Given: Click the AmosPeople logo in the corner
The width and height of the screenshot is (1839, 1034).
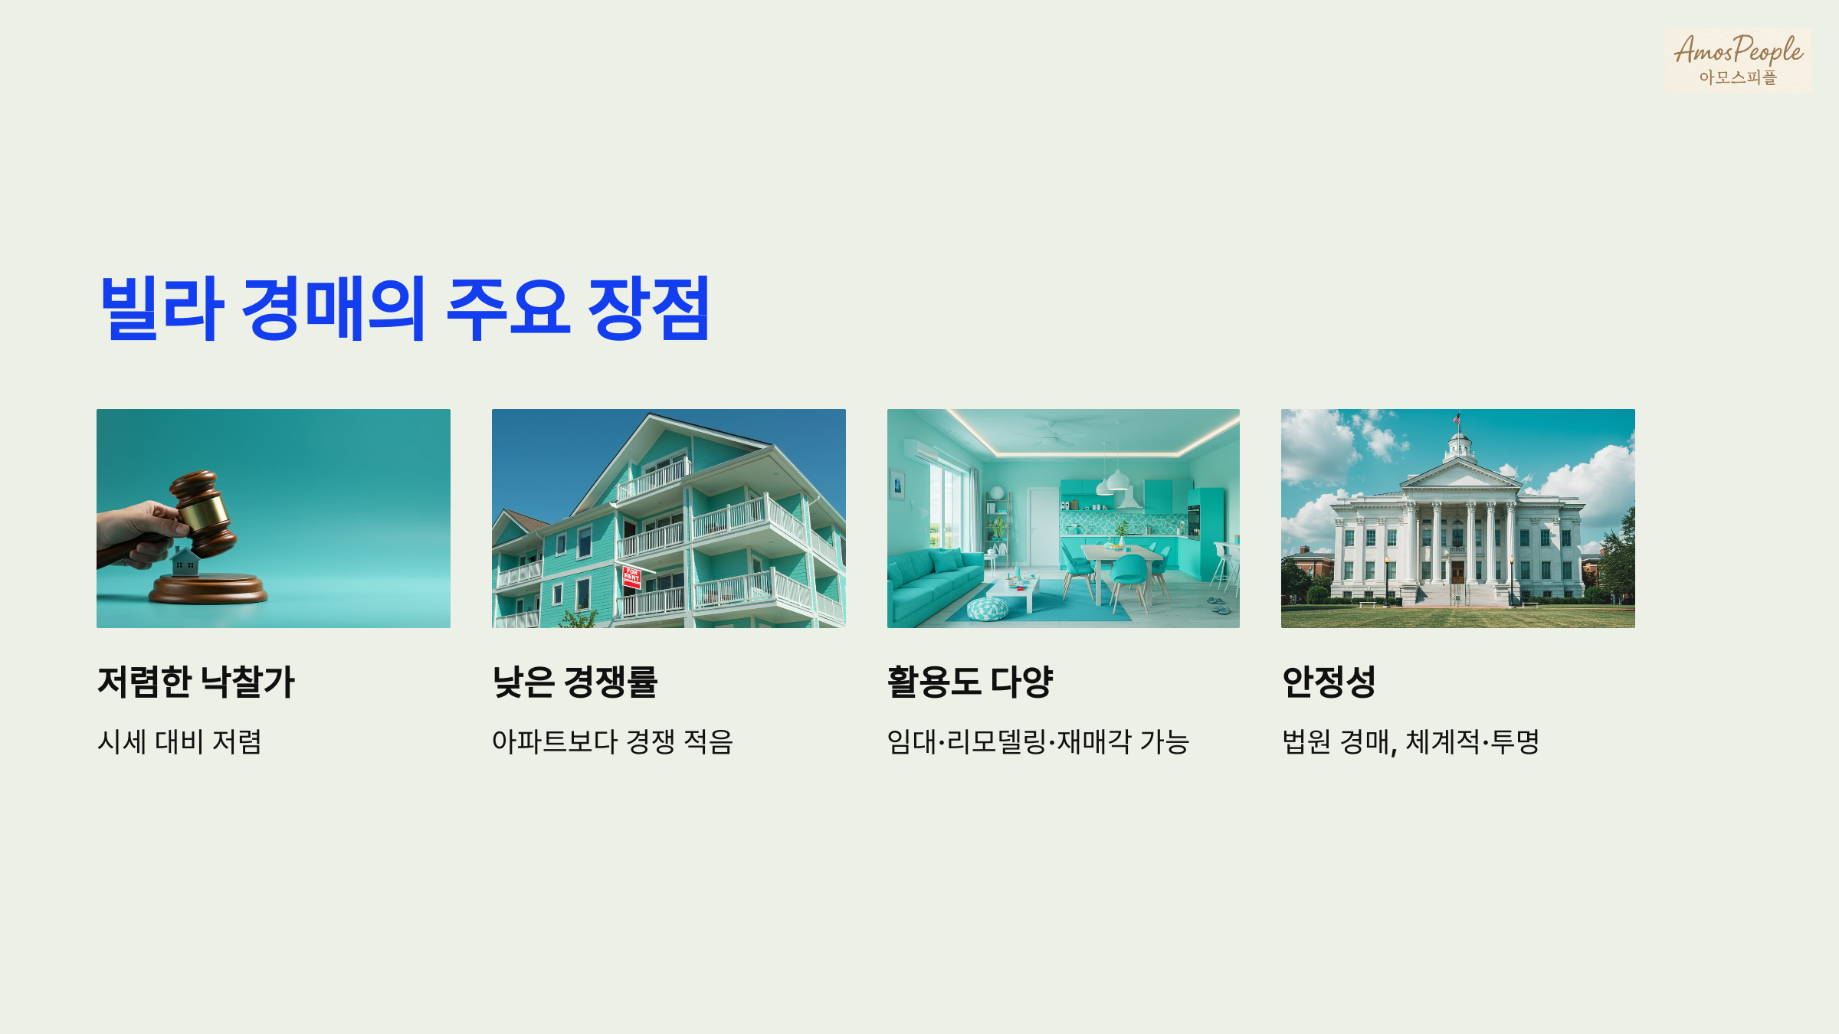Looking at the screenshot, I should point(1737,60).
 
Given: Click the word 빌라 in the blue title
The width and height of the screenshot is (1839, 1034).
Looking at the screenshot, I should point(162,308).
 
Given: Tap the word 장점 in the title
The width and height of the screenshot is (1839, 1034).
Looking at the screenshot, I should point(648,308).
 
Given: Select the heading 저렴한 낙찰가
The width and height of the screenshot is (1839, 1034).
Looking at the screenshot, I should point(196,682).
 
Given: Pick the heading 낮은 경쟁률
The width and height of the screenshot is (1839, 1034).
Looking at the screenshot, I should point(575,682).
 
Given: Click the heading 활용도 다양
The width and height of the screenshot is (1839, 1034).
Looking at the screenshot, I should point(970,682).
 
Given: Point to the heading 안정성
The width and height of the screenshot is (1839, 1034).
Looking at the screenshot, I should point(1329,682).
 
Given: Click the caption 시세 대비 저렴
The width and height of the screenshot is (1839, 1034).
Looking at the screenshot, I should point(179,741).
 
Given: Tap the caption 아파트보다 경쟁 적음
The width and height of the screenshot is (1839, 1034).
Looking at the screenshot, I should point(612,741).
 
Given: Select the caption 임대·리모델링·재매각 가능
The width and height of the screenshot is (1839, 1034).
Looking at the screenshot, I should point(1038,741).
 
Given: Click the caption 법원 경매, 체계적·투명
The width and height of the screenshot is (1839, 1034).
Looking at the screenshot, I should point(1410,741).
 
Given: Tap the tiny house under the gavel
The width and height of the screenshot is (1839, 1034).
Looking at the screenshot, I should point(185,563).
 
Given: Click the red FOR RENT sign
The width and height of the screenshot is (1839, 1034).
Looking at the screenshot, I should point(631,575).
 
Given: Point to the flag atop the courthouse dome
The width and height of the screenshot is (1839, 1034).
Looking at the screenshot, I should point(1457,418).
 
